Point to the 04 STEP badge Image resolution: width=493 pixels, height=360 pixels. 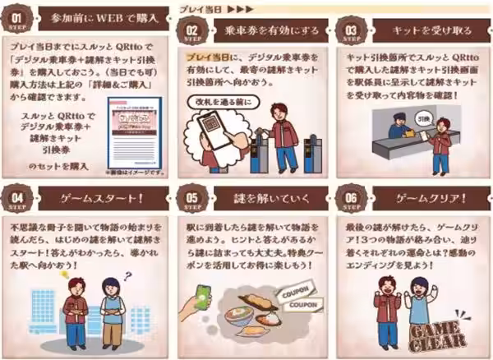click(21, 200)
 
